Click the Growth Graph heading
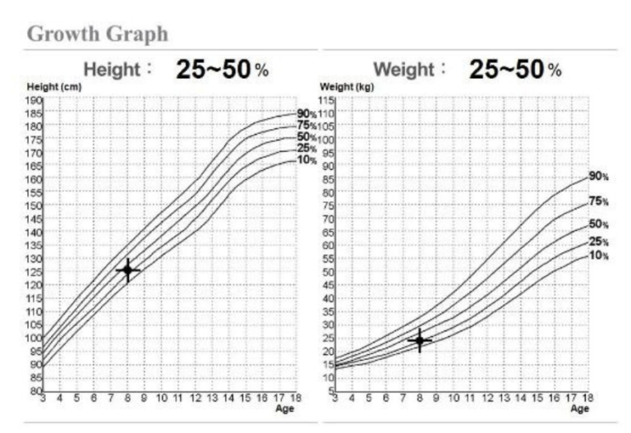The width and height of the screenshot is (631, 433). (97, 34)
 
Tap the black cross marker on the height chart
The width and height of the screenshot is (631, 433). (127, 269)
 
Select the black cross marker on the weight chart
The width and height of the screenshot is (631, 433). (420, 340)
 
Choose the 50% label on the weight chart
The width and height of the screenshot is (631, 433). (598, 224)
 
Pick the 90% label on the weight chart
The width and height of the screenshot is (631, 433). (598, 175)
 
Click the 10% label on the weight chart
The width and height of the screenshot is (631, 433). (598, 256)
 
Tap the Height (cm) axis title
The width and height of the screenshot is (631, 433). (48, 85)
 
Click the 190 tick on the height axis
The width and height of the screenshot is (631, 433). (35, 99)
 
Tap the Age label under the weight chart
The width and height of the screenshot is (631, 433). (580, 408)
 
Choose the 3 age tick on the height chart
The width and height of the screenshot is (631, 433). (43, 398)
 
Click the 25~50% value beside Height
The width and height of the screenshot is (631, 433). (222, 70)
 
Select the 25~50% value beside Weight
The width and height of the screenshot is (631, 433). (515, 70)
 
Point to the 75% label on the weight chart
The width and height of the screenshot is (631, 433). (598, 202)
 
